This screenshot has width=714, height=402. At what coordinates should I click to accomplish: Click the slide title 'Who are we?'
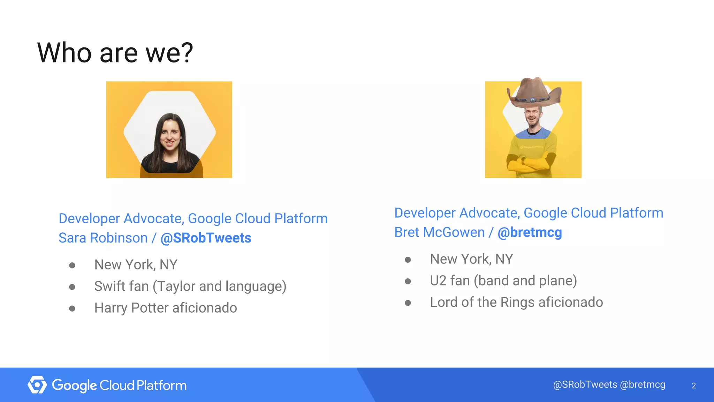[115, 53]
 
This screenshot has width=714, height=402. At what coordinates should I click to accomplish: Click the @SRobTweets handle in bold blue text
[206, 238]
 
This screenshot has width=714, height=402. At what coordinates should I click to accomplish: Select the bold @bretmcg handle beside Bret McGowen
[530, 232]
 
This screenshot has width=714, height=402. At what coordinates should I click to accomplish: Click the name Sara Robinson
[103, 238]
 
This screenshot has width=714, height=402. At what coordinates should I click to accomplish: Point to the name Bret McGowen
[439, 232]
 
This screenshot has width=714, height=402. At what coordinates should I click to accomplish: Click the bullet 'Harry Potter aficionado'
[166, 308]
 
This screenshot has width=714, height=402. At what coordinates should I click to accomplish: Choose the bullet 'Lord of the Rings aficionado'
[516, 302]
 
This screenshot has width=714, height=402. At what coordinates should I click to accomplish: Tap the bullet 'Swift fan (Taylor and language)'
[190, 286]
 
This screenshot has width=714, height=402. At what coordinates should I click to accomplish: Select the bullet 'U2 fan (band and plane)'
[503, 281]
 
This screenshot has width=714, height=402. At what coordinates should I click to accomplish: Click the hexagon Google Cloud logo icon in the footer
[37, 385]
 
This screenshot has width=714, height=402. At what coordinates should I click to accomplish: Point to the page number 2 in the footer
[693, 386]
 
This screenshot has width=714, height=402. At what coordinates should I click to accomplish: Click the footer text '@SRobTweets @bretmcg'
[609, 385]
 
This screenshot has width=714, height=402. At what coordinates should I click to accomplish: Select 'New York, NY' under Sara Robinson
[136, 265]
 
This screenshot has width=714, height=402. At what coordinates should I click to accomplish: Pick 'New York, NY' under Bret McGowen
[471, 259]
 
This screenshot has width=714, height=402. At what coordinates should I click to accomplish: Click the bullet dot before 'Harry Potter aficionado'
[72, 308]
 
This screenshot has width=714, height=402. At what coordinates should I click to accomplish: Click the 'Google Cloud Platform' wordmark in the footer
[119, 385]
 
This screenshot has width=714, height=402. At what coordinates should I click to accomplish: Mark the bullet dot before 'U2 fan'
[408, 281]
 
